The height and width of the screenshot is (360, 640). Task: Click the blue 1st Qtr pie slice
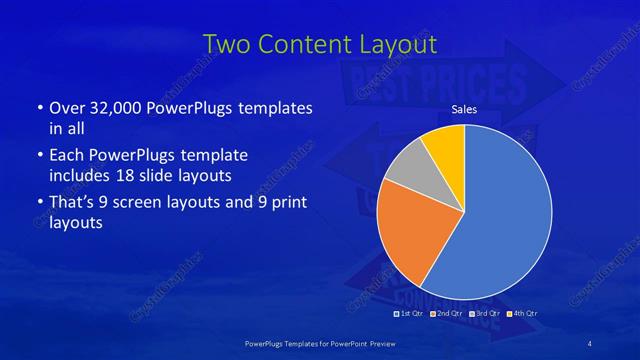coord(505,215)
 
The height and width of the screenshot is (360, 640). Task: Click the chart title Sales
coord(464,109)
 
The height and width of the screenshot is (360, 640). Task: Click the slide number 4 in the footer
coord(590,343)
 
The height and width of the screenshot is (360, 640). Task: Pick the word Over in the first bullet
coord(65,108)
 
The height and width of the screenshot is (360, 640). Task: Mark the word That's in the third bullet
coord(72,204)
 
